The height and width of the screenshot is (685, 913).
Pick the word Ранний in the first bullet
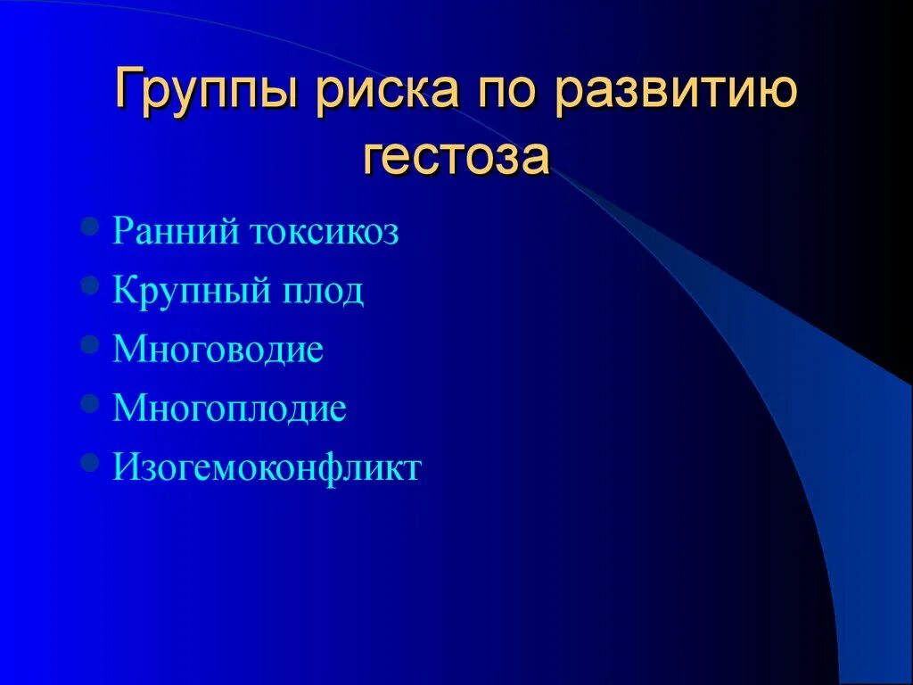tap(177, 233)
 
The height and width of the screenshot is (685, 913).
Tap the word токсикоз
tap(324, 233)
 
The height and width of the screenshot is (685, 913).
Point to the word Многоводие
tap(218, 350)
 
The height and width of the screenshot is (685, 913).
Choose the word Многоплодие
tap(229, 409)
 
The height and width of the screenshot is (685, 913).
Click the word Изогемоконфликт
tap(266, 467)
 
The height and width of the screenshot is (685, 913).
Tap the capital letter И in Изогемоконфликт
tap(124, 467)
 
